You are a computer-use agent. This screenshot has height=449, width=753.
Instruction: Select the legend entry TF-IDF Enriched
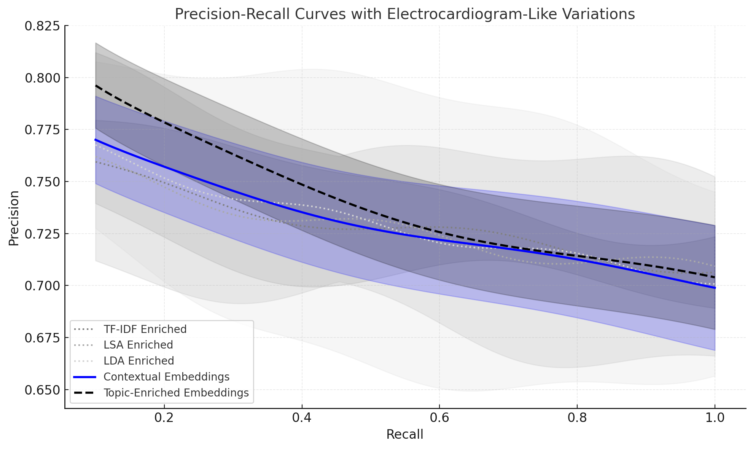pyautogui.click(x=145, y=329)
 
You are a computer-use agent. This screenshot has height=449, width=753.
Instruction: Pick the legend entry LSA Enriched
pyautogui.click(x=138, y=345)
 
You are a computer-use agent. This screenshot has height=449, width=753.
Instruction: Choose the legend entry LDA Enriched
pyautogui.click(x=139, y=361)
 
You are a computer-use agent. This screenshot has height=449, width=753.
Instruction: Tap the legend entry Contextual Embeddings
pyautogui.click(x=166, y=377)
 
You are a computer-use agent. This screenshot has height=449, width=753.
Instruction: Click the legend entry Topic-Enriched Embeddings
pyautogui.click(x=176, y=393)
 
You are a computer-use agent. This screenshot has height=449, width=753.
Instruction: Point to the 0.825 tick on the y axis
pyautogui.click(x=42, y=26)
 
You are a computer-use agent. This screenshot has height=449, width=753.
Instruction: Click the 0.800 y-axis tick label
pyautogui.click(x=42, y=78)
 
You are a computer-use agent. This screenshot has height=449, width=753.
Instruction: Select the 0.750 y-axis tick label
pyautogui.click(x=42, y=182)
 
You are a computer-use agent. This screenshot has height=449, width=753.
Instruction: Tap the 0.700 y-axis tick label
pyautogui.click(x=42, y=286)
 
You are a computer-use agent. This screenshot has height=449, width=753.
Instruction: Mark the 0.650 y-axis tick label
pyautogui.click(x=42, y=390)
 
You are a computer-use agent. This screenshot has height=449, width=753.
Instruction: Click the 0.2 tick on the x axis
pyautogui.click(x=164, y=418)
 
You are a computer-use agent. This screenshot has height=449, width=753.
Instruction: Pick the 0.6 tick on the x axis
pyautogui.click(x=439, y=418)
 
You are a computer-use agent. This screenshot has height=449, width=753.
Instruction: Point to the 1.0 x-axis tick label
pyautogui.click(x=715, y=418)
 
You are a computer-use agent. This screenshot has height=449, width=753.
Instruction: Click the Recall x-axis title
pyautogui.click(x=404, y=435)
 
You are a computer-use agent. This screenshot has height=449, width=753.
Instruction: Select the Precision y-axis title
pyautogui.click(x=14, y=218)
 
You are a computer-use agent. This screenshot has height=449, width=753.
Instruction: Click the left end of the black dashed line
pyautogui.click(x=96, y=86)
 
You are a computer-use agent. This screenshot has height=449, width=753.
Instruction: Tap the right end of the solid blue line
pyautogui.click(x=715, y=288)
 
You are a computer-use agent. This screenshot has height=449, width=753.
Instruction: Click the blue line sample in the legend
pyautogui.click(x=84, y=377)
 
